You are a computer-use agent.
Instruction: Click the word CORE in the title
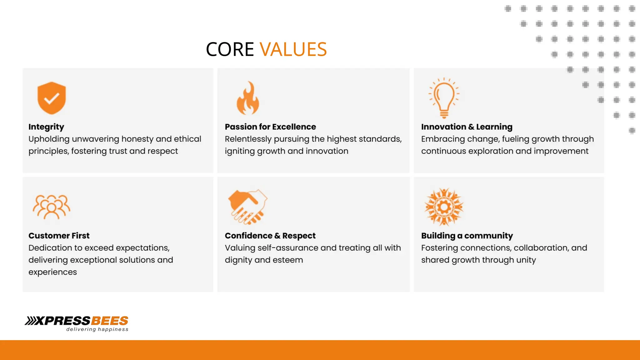[x=230, y=49]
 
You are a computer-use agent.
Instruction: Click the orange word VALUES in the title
[x=293, y=49]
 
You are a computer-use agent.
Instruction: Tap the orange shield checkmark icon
[x=52, y=98]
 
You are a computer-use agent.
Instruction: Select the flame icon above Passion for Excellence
[x=248, y=98]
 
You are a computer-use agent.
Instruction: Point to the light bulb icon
[x=444, y=97]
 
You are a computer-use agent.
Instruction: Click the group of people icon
[x=52, y=207]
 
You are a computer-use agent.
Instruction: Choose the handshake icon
[x=248, y=207]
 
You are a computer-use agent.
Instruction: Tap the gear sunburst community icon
[x=444, y=207]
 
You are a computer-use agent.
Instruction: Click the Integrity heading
[x=46, y=127]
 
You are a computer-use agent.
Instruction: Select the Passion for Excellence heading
[x=270, y=127]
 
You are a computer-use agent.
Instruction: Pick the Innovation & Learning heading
[x=467, y=127]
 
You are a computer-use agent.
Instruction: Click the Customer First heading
[x=59, y=236]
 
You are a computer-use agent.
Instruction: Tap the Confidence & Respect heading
[x=270, y=236]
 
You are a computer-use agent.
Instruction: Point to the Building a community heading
[x=467, y=236]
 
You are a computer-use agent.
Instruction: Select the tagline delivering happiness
[x=97, y=329]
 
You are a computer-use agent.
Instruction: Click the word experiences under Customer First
[x=52, y=272]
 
